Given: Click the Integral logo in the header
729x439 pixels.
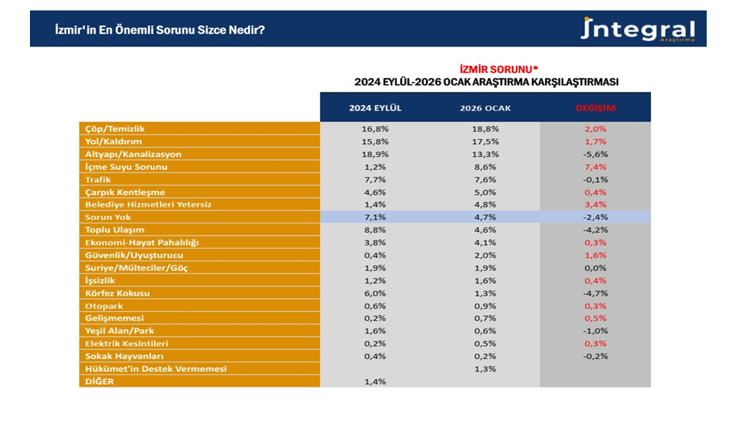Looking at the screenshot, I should tap(638, 30).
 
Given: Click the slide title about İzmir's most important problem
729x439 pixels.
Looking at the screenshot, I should tap(159, 31).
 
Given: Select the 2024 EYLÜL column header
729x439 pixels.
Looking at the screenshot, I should tap(375, 108).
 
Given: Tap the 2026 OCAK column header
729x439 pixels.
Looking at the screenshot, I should tap(485, 108).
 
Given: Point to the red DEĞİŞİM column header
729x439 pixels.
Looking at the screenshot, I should tap(595, 108).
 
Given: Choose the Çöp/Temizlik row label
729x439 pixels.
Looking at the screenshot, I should tap(115, 129).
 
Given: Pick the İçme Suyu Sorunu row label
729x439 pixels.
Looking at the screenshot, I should tap(126, 167).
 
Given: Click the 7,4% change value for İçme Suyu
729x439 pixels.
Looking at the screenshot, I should tap(595, 167).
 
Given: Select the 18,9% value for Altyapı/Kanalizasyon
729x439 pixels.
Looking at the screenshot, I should tap(376, 154).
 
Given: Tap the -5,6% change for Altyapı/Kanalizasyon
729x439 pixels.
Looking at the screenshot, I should tap(595, 154).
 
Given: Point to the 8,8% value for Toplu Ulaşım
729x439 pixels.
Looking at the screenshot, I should tap(376, 230).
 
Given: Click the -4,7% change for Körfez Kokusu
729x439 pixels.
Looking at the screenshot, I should tap(595, 293).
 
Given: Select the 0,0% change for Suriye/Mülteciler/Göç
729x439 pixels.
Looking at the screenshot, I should tap(595, 268).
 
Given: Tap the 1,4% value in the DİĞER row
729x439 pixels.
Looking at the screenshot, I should tap(376, 381).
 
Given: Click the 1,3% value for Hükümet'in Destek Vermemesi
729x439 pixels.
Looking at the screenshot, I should tap(485, 369).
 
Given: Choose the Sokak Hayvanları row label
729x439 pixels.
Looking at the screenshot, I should tap(122, 356).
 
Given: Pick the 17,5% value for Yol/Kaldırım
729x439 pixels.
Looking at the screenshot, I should tap(485, 141).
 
